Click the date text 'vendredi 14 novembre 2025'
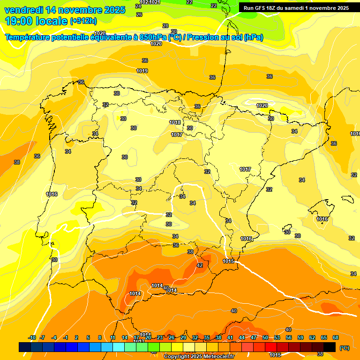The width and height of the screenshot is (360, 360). [x=65, y=10]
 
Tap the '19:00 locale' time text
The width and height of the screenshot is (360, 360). [x=37, y=21]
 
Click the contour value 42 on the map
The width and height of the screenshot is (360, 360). [x=200, y=265]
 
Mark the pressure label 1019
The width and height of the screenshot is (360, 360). [x=142, y=71]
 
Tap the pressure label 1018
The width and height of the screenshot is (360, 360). [x=175, y=122]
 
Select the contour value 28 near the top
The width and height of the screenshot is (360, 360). [x=165, y=26]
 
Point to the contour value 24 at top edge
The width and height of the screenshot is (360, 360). [x=138, y=6]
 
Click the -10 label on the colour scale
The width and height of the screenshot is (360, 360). [x=32, y=337]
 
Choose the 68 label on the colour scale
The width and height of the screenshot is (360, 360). [x=336, y=337]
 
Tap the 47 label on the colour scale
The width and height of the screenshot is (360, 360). [x=254, y=337]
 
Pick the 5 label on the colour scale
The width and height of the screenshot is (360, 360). [x=88, y=337]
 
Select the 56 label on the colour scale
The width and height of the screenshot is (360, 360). [x=289, y=337]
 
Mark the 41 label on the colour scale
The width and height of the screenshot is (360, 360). [x=230, y=337]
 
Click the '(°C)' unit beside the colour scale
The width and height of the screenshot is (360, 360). [x=345, y=348]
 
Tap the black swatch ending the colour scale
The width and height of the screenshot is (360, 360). [x=330, y=347]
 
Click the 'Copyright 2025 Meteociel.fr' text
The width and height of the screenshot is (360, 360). [x=199, y=357]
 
